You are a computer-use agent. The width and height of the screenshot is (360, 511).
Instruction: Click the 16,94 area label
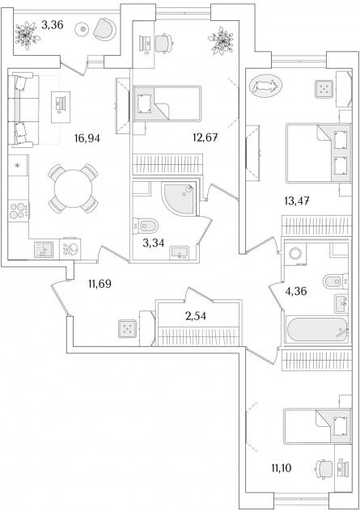(87, 138)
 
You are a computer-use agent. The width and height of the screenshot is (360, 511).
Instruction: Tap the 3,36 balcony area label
(52, 25)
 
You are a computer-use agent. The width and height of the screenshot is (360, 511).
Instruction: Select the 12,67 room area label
(205, 137)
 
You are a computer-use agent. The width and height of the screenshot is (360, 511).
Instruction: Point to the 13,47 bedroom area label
(296, 201)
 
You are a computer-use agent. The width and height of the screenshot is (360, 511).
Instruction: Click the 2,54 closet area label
(195, 316)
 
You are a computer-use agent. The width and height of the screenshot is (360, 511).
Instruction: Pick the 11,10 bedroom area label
(282, 468)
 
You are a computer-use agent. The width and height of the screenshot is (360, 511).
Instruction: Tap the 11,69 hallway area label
(100, 284)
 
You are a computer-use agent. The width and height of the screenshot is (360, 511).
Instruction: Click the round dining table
(73, 188)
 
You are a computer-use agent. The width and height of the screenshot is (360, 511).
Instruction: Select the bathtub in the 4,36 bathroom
(317, 329)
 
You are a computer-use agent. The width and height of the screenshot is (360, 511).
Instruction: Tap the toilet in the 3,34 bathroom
(146, 226)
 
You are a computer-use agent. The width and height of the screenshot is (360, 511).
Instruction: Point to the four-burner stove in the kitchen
(19, 210)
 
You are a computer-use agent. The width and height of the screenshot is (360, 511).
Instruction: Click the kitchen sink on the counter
(44, 250)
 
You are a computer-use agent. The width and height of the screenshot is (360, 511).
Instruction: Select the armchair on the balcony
(104, 29)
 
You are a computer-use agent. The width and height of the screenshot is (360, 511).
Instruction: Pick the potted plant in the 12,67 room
(221, 40)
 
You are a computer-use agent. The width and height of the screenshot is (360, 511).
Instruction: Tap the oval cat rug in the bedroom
(265, 87)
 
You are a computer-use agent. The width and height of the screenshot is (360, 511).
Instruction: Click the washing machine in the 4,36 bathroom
(296, 254)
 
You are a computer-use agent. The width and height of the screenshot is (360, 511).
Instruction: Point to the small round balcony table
(83, 30)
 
